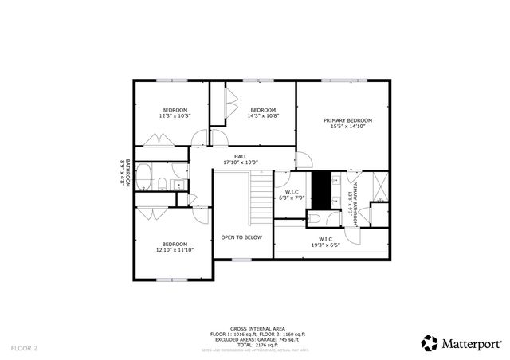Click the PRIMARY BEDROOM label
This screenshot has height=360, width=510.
347,120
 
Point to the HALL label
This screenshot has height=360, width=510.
240,156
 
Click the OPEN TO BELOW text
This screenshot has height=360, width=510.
241,237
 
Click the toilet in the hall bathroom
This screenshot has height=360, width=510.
162,185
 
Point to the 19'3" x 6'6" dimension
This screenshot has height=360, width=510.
325,245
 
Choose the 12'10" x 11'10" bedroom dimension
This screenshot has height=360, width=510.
175,250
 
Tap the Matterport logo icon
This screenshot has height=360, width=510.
430,342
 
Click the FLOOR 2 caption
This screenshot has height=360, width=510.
24,348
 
